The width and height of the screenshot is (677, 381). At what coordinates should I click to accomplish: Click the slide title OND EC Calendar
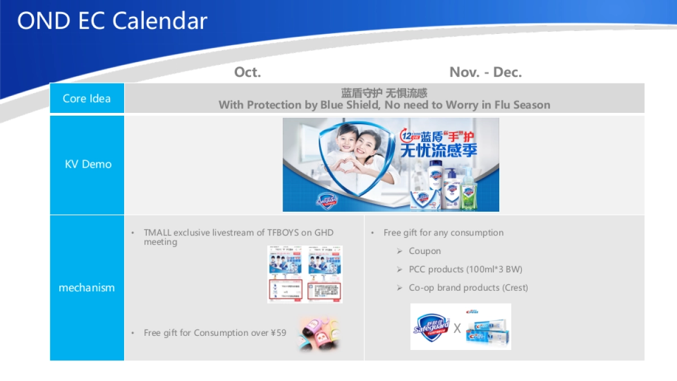pos(112,21)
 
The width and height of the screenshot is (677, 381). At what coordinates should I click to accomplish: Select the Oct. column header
pos(248,72)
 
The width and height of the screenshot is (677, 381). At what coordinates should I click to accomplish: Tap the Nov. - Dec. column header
pos(485,72)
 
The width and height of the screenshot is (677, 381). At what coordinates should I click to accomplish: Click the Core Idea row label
pos(87,98)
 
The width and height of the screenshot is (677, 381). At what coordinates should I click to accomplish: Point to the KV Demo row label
pos(88,164)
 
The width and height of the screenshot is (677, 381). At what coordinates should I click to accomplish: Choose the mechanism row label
pos(87,287)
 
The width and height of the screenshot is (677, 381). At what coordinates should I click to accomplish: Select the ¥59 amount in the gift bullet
pos(278,333)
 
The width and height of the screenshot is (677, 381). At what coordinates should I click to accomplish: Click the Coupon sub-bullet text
pos(425,251)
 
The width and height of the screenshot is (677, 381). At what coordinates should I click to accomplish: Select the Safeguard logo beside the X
pos(432,326)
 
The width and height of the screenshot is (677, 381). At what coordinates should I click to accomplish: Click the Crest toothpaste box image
pos(488,330)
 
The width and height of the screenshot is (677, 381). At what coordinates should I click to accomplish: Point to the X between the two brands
pos(457,328)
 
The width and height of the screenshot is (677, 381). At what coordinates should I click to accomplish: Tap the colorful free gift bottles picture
pos(319,333)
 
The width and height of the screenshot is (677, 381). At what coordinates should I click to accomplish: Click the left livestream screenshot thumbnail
pos(285,274)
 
